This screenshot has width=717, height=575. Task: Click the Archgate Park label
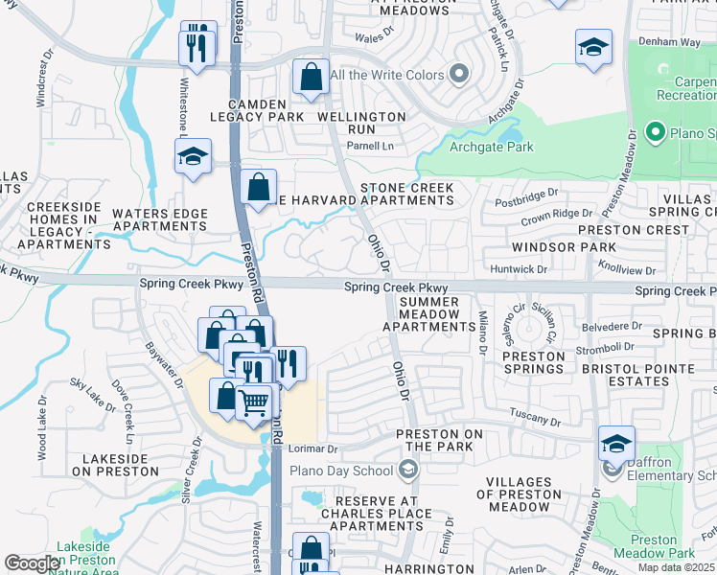[493, 147]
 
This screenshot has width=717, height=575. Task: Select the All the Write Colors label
[387, 75]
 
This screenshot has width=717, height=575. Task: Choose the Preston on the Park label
[440, 441]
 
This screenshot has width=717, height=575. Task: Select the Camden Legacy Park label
[258, 109]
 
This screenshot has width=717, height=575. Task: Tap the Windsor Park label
[537, 247]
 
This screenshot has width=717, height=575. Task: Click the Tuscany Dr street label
[535, 420]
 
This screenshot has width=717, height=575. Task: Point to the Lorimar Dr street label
[319, 448]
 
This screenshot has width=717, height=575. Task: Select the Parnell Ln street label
[370, 146]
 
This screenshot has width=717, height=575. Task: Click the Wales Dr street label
[375, 36]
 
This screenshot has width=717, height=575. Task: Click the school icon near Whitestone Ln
[194, 156]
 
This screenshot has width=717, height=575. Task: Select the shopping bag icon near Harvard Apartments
[258, 188]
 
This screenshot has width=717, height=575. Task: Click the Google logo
[33, 563]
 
